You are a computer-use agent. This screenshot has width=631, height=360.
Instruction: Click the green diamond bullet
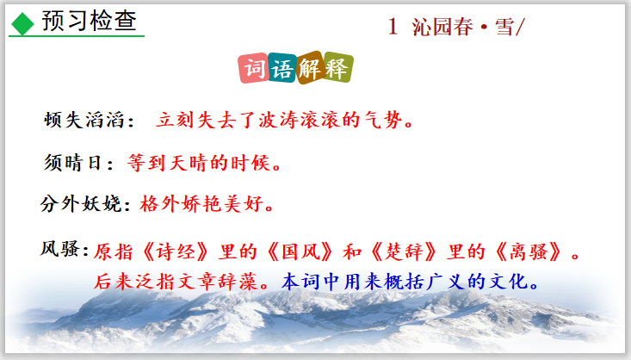coord(22,24)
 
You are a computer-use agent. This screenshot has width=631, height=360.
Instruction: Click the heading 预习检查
coord(90,21)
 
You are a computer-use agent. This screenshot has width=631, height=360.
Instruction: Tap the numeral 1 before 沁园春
coord(393,27)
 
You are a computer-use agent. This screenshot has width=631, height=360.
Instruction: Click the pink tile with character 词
coord(254,68)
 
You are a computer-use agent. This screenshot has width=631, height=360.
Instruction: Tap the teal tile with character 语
coord(282,68)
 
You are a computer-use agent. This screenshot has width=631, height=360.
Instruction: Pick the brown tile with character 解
coord(310,67)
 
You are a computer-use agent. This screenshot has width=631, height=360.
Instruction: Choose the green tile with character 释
coord(338,67)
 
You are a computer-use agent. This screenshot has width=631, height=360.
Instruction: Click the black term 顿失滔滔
coord(84,120)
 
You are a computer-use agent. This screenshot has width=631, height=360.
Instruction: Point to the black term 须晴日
coord(73,163)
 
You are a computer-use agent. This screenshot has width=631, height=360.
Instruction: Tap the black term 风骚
coord(60,248)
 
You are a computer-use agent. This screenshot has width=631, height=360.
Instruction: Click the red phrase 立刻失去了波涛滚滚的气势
coord(279,120)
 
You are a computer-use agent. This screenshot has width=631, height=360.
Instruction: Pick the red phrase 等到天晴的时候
coord(199,163)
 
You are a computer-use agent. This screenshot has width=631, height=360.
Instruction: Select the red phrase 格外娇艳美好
coord(201,203)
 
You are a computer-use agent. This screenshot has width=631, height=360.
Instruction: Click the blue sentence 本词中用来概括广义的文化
coord(405,282)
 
